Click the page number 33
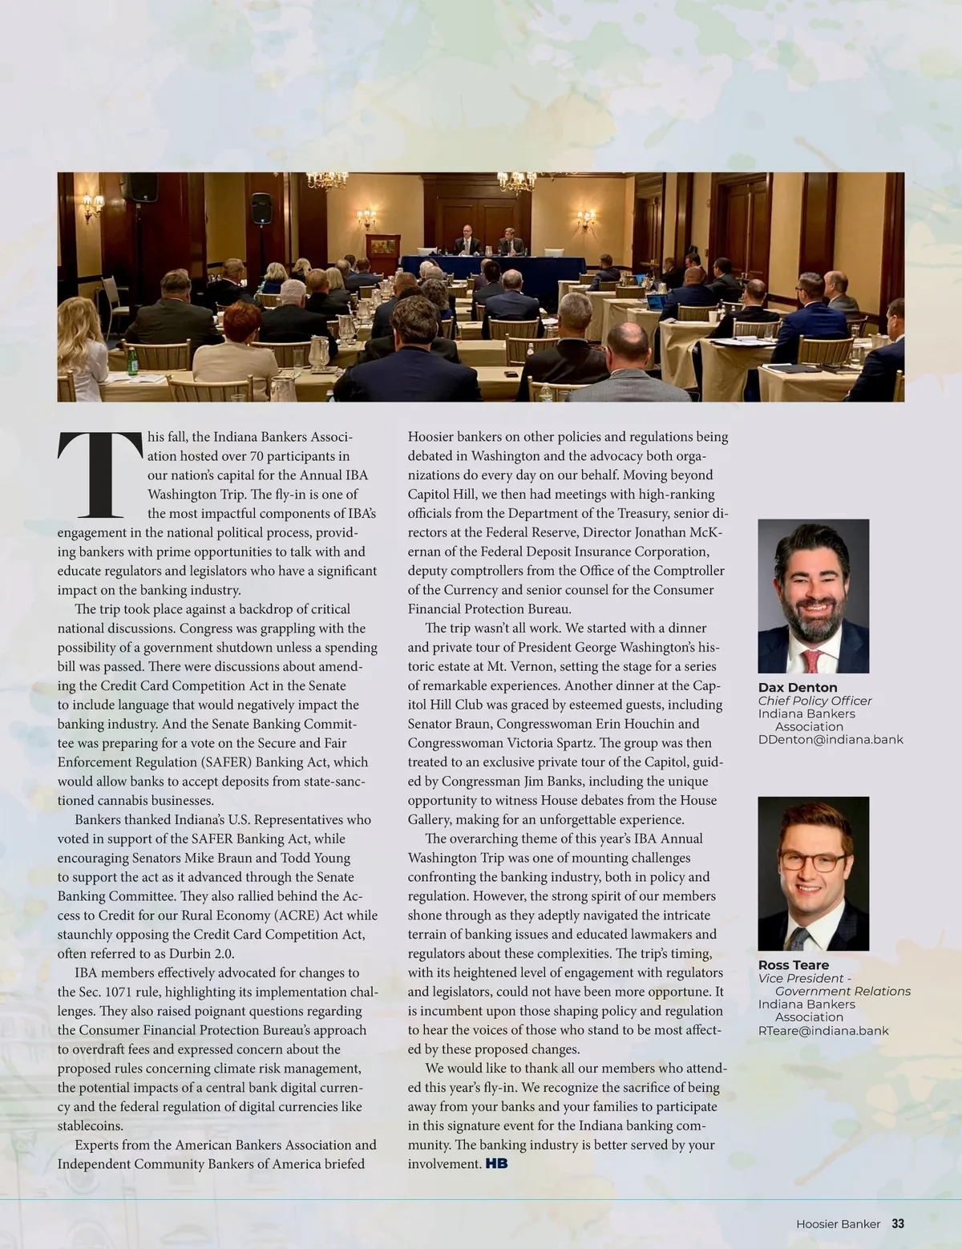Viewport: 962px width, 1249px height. (898, 1224)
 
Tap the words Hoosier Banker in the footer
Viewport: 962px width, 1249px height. (838, 1224)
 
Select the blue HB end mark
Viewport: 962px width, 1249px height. (496, 1164)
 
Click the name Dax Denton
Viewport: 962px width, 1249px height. (798, 688)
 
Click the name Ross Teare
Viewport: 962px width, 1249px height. (794, 965)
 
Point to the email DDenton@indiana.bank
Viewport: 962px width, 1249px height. (831, 739)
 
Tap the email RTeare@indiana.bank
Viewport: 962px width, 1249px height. (823, 1031)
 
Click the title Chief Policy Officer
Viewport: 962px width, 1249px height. (814, 701)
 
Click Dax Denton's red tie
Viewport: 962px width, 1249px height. (812, 662)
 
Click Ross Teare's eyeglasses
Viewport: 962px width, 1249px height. (811, 861)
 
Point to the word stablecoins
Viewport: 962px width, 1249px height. (90, 1126)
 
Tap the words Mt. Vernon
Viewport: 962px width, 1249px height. (513, 666)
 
